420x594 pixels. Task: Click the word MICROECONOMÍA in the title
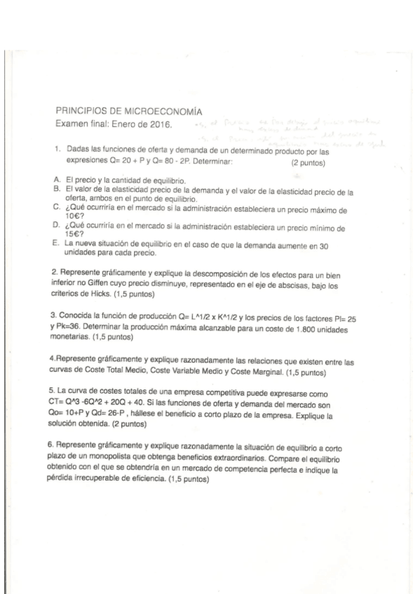pyautogui.click(x=163, y=111)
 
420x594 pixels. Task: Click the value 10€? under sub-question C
pyautogui.click(x=72, y=216)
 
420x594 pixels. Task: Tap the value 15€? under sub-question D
pyautogui.click(x=72, y=235)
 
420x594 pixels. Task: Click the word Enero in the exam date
pyautogui.click(x=121, y=124)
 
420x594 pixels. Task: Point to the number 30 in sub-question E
pyautogui.click(x=323, y=243)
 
